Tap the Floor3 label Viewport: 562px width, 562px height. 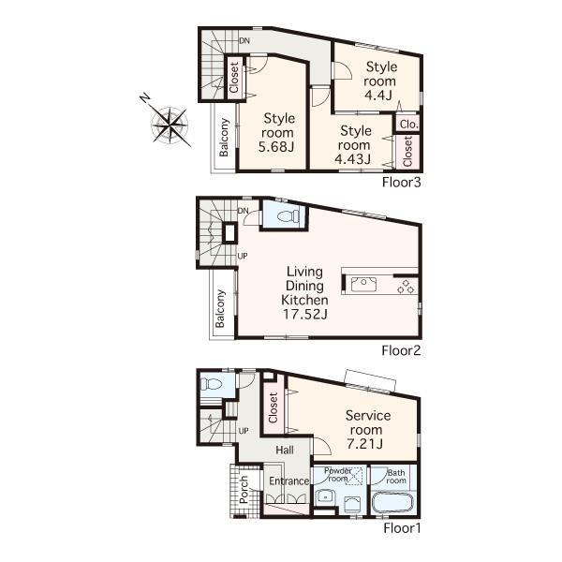tap(402, 182)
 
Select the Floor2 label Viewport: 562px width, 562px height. tap(402, 351)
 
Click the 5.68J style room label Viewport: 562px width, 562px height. tap(278, 131)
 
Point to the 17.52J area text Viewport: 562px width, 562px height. tap(304, 315)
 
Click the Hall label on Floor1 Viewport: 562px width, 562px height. tap(285, 450)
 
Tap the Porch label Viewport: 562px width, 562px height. tap(244, 494)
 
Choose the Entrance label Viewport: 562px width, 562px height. tap(288, 481)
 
